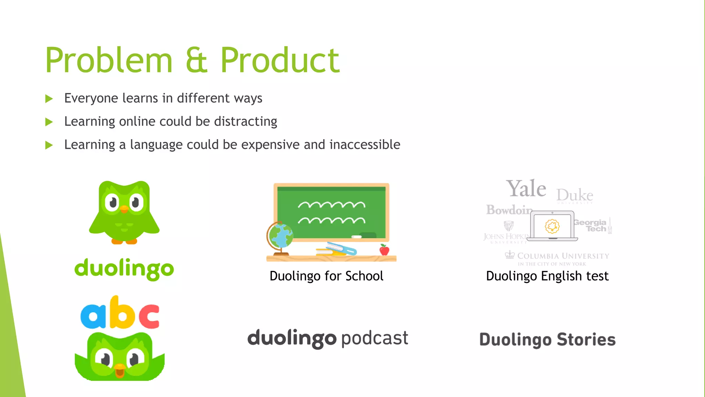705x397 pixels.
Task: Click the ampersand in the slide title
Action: [x=197, y=61]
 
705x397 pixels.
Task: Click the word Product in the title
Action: [x=280, y=61]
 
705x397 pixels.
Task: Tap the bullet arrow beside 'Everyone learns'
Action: [x=49, y=99]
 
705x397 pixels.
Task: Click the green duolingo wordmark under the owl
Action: [x=124, y=269]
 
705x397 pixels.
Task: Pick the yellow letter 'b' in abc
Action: [x=121, y=313]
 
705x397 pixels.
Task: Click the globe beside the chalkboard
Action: [x=280, y=236]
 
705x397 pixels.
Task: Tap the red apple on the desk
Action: [x=384, y=250]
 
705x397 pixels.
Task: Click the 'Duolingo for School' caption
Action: [x=326, y=276]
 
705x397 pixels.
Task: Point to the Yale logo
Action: [x=526, y=189]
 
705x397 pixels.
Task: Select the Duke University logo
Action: [x=575, y=196]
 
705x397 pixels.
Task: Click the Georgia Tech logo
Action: [x=591, y=226]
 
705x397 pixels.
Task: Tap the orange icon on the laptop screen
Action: [x=552, y=226]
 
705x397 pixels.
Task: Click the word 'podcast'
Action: [x=375, y=338]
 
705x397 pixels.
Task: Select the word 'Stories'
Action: [x=586, y=340]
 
